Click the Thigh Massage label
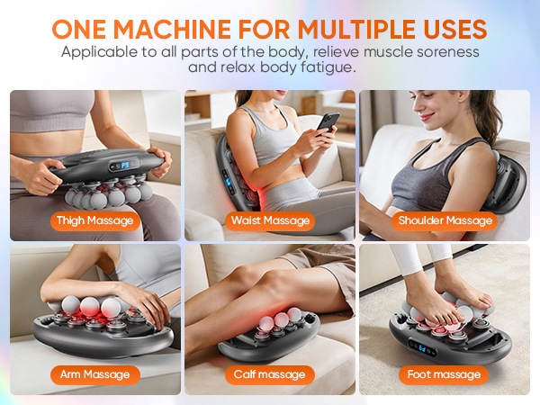[94, 220]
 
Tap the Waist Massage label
[269, 220]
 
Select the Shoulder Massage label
[445, 220]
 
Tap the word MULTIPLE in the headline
[355, 26]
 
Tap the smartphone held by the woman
[328, 121]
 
